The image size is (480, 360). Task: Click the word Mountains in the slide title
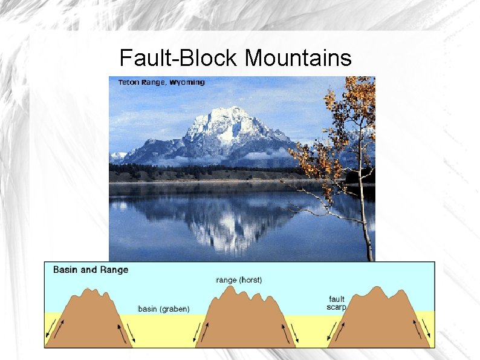tap(298, 58)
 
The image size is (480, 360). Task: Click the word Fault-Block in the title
tap(179, 58)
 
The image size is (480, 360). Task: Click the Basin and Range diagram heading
tap(91, 270)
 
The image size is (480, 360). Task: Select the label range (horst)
tap(239, 280)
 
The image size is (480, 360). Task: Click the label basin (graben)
tap(164, 309)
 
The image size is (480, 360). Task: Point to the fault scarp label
tap(337, 303)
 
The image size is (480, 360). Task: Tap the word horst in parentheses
tap(250, 280)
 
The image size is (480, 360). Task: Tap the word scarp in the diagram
tap(337, 307)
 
